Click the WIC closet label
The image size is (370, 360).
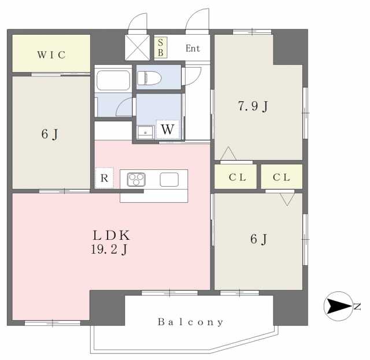[x=51, y=55]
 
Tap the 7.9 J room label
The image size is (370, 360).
[x=253, y=106]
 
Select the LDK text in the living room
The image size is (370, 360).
[x=111, y=235]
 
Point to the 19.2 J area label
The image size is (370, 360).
[x=109, y=250]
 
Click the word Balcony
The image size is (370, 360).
[x=190, y=322]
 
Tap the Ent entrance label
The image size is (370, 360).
[x=193, y=49]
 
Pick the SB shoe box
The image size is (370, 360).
[x=161, y=47]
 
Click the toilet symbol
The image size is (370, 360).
[x=149, y=78]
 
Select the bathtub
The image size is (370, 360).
[x=113, y=80]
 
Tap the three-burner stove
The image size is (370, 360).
[x=136, y=180]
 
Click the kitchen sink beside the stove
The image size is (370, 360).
[x=169, y=180]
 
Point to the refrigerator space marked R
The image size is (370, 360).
[x=104, y=178]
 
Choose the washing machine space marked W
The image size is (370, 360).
[x=168, y=129]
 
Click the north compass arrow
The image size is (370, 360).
[x=340, y=306]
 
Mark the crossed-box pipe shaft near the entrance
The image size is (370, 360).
[x=137, y=47]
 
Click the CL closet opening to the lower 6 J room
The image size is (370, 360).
[x=282, y=177]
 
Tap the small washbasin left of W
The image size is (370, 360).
[x=145, y=132]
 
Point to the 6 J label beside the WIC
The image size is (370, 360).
[x=50, y=134]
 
